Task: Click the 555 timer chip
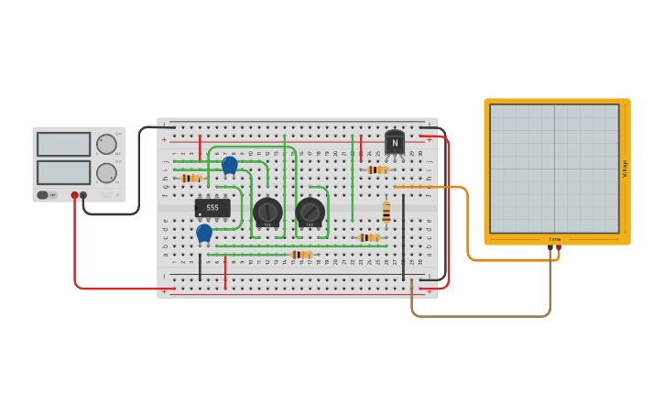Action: coord(212,208)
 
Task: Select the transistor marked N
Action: coord(395,143)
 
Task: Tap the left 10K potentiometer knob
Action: coord(267,212)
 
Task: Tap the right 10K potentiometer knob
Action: coord(310,212)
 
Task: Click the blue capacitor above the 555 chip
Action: coord(230,165)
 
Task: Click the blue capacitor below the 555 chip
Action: coord(204,234)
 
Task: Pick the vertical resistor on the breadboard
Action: coord(386,213)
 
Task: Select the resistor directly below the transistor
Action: coord(377,169)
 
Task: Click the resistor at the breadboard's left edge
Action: coord(190,178)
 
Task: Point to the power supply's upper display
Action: coord(64,144)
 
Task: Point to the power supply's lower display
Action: coord(64,172)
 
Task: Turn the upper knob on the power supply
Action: coord(107,144)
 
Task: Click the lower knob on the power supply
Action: coord(107,172)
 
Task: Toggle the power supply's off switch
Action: coord(43,194)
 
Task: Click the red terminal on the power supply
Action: coord(74,195)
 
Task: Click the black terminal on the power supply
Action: coord(83,195)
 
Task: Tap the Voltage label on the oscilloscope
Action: coord(625,169)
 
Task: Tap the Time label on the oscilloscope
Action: coord(555,239)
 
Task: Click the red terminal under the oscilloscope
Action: coord(559,247)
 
